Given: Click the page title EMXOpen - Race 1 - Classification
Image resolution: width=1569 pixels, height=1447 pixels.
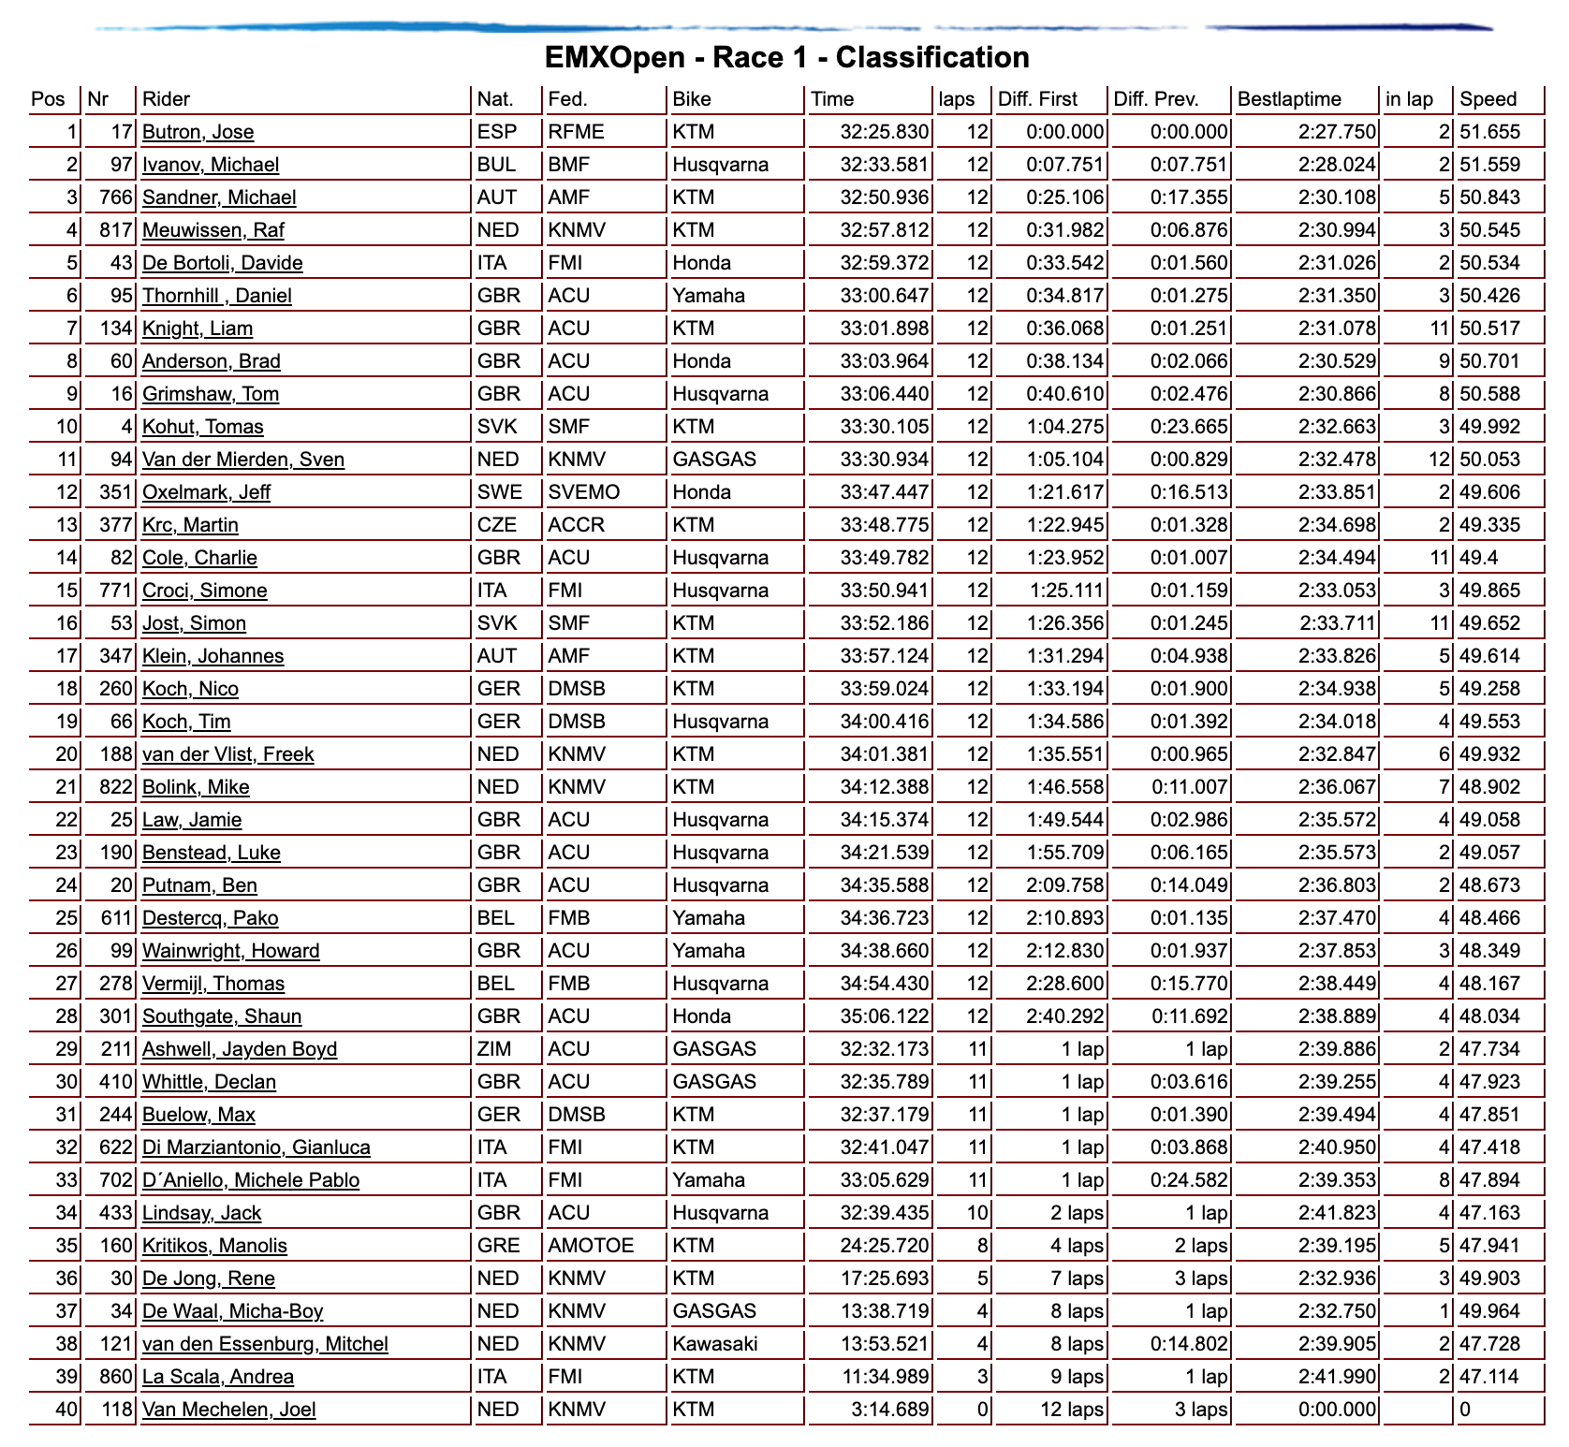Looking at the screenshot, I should click(786, 58).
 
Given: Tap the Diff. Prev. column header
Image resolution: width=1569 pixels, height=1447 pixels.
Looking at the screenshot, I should click(1156, 99).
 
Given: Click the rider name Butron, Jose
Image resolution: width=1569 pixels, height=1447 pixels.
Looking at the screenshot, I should click(198, 132).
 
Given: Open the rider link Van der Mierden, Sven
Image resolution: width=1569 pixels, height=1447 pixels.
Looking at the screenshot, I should click(243, 460).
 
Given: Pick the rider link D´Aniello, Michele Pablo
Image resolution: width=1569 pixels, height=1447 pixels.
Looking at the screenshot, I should click(251, 1180).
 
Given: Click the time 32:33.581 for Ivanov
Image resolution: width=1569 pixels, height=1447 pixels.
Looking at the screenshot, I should click(885, 165).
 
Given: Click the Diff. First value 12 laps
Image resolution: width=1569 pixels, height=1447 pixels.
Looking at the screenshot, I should click(1072, 1410).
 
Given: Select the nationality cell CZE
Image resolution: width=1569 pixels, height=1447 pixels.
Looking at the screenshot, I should click(497, 525).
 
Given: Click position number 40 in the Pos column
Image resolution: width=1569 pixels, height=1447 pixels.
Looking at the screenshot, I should click(66, 1410).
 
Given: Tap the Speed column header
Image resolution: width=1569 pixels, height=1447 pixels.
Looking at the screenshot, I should click(1488, 99).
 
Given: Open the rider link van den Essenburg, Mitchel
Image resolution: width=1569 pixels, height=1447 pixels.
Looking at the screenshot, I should click(265, 1344).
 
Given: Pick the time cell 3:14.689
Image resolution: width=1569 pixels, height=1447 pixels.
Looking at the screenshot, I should click(890, 1410).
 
